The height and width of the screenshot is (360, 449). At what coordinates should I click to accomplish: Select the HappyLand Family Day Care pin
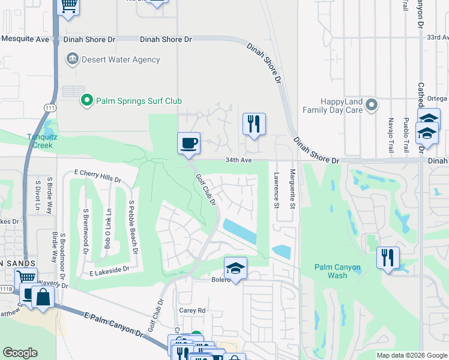(372, 106)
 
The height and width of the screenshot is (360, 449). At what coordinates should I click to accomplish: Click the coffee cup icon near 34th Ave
(188, 143)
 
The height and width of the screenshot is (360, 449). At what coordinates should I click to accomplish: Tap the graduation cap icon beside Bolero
(236, 268)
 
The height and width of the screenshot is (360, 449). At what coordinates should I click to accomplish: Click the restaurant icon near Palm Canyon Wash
(388, 257)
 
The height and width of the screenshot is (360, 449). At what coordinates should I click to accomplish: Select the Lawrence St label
(277, 191)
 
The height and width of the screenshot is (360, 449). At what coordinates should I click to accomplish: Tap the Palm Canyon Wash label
(331, 271)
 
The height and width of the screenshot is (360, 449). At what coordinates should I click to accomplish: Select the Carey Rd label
(193, 310)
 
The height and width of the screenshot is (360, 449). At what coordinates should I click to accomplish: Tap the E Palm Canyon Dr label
(113, 323)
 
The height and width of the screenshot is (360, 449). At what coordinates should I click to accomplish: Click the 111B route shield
(7, 289)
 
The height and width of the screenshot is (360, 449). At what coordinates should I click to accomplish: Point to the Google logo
(20, 353)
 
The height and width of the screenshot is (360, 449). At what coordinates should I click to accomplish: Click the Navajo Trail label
(391, 134)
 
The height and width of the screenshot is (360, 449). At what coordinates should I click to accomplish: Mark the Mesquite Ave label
(25, 39)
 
